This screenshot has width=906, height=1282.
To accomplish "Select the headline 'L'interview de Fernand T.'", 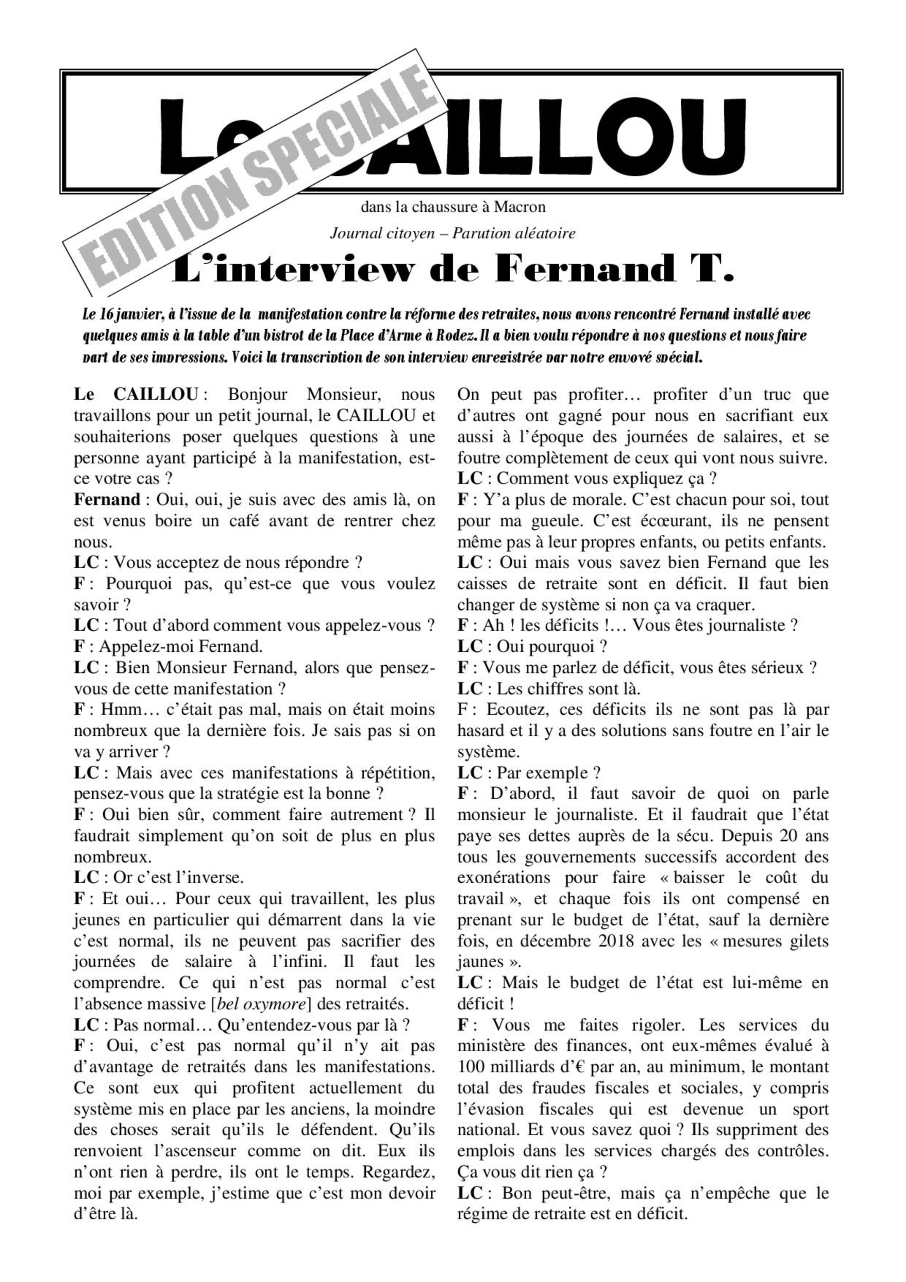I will click(452, 270).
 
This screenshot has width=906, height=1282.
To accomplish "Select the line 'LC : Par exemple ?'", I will click(529, 773).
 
